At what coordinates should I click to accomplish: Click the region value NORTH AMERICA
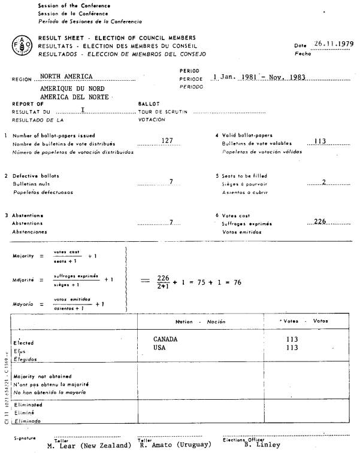[66, 77]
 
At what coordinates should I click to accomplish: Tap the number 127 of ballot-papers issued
[167, 140]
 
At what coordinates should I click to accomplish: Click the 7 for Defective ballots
[171, 181]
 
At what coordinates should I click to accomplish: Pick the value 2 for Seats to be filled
[323, 181]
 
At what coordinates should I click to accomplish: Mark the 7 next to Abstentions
[171, 222]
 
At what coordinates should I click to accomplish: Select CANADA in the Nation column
[165, 339]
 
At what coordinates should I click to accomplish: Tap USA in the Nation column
[159, 347]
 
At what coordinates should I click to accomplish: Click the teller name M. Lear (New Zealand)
[90, 445]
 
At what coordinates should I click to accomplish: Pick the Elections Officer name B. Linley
[262, 445]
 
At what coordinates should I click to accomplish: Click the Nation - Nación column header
[201, 322]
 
